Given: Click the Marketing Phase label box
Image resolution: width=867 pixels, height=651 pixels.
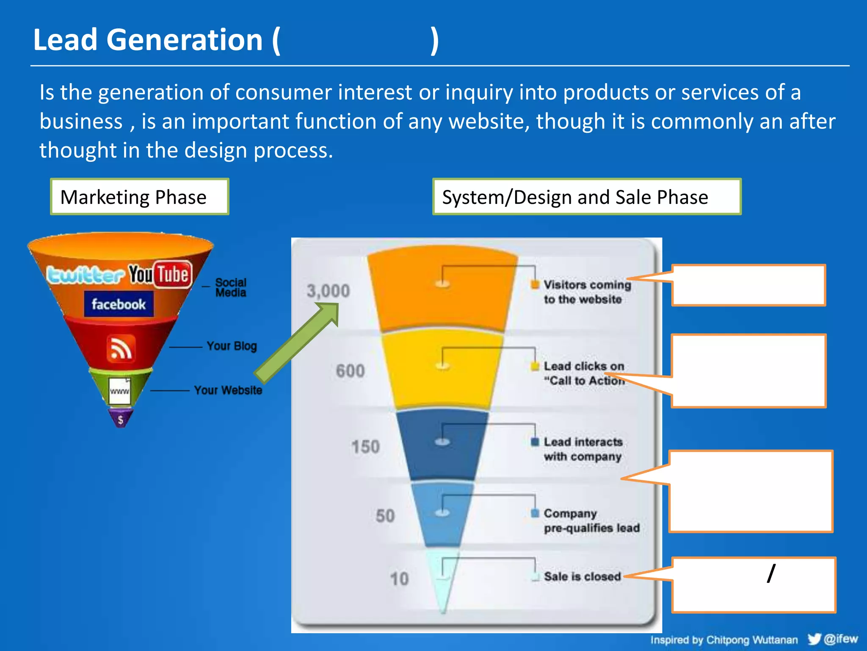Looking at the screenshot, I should (139, 197).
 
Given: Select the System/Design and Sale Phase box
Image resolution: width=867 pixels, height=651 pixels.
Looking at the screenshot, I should (586, 197).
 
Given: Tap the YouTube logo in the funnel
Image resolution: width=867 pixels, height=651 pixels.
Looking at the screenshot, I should (160, 274).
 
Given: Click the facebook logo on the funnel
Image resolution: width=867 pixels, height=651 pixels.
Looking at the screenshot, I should (119, 304).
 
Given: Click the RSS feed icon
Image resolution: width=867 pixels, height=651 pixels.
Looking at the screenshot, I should (121, 348).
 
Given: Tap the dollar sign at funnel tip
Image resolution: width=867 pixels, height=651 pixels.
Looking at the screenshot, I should (121, 420).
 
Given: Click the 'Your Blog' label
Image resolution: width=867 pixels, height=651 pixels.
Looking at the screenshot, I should (232, 346).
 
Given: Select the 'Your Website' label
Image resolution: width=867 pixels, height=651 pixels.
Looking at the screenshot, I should (228, 390).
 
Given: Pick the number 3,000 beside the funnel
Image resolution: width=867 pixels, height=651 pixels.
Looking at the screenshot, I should (328, 291).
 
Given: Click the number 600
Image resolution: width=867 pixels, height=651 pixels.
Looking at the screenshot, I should (350, 371).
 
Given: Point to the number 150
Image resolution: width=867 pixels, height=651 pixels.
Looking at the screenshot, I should (365, 447).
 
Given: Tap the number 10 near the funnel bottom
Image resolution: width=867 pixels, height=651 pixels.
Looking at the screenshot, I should (399, 579).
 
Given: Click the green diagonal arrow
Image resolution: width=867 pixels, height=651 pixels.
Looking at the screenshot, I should (296, 343).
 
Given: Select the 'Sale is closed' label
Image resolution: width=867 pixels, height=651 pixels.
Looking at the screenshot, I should (582, 576).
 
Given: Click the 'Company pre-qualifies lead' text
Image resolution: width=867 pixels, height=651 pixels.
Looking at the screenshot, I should (591, 520).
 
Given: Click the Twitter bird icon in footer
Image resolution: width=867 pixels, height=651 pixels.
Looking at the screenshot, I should (814, 639).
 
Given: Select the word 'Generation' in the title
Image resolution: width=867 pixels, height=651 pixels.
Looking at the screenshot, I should (185, 40).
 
